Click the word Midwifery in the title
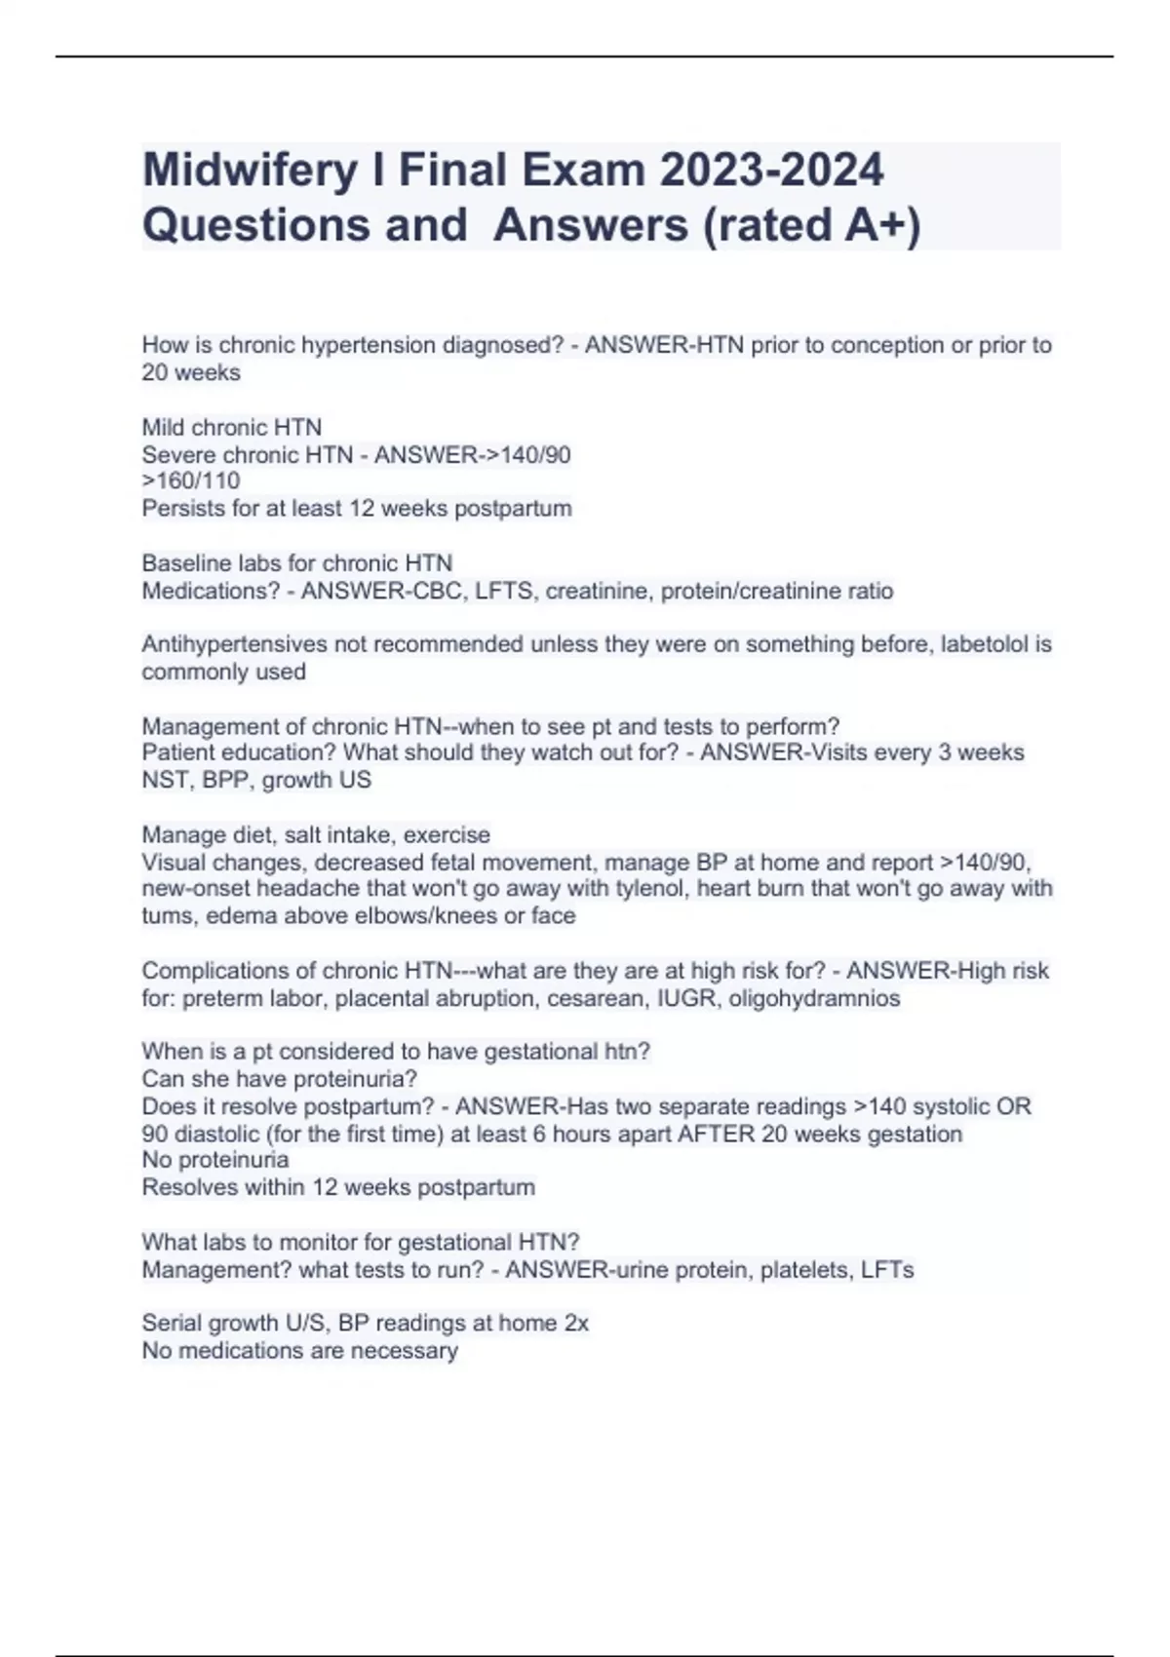(250, 171)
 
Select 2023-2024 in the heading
(771, 171)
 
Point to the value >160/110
(191, 481)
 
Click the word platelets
(802, 1270)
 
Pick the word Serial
(171, 1324)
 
